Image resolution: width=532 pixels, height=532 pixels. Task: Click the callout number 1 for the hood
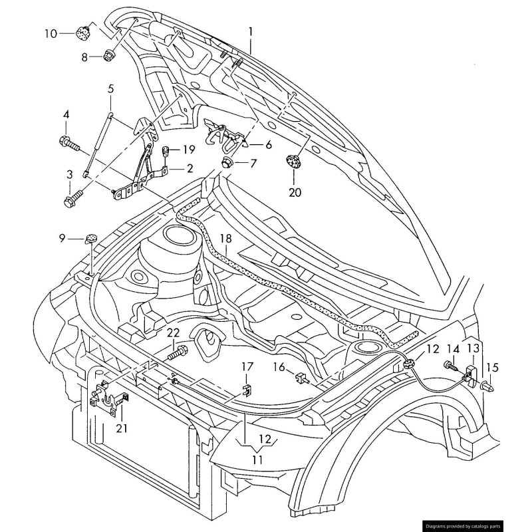pos(251,31)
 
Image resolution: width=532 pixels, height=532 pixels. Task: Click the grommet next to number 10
pos(84,31)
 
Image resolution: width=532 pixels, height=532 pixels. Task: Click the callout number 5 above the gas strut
pos(110,88)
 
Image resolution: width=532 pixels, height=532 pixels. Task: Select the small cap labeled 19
pos(168,150)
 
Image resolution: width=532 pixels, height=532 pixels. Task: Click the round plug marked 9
pos(90,237)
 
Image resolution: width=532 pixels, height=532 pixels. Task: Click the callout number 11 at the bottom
pos(257,459)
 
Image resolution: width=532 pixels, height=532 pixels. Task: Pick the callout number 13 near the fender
pos(472,348)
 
